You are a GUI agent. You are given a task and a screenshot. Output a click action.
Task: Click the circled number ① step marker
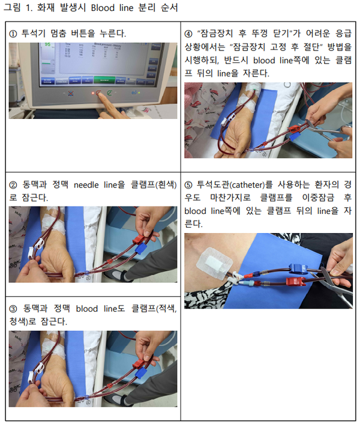point(13,34)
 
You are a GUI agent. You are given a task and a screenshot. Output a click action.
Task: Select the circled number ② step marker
point(13,185)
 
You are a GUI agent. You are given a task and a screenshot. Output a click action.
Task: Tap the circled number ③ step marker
point(13,309)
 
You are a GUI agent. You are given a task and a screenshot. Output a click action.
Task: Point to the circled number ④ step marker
point(188,34)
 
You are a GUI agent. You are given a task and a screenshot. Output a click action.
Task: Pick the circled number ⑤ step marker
point(188,185)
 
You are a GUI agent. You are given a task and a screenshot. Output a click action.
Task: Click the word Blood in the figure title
point(103,8)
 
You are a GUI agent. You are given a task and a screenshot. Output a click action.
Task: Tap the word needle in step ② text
point(86,185)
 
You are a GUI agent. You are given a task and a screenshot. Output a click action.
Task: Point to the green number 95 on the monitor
point(47,44)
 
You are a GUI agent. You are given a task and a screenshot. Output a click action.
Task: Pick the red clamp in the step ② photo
point(139,239)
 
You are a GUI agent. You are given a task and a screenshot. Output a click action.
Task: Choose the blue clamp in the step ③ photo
point(140,372)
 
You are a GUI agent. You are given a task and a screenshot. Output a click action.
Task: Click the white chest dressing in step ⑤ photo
point(214,263)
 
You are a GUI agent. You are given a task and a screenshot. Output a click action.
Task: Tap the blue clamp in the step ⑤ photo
point(298,268)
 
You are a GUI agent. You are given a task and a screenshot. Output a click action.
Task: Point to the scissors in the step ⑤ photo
point(335,285)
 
